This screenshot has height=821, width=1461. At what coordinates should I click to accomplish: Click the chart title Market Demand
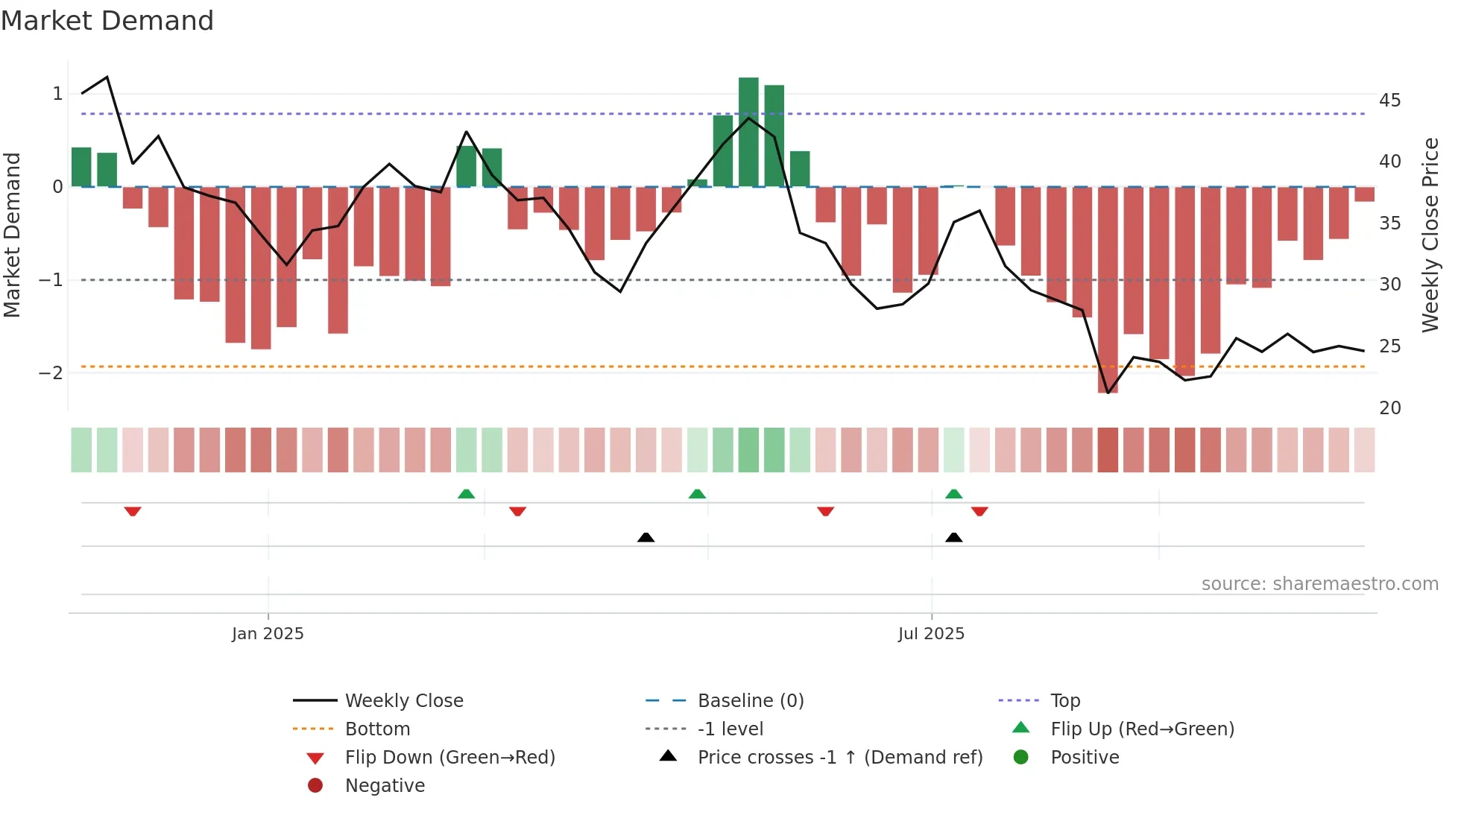(107, 21)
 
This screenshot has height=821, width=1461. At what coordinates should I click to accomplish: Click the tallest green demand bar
(748, 131)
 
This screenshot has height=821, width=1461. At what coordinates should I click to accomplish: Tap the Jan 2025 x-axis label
(268, 634)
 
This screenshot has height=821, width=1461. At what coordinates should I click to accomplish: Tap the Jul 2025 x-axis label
(931, 634)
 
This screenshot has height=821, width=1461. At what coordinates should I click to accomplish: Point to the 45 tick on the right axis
(1389, 101)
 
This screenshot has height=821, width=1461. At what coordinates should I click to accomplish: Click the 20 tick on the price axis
(1389, 408)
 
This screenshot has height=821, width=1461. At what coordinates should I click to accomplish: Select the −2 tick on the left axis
(51, 373)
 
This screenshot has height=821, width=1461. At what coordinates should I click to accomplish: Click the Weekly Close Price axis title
(1430, 235)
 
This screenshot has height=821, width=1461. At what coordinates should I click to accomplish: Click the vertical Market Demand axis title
(12, 235)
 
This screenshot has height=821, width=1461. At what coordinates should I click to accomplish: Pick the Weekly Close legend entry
(403, 701)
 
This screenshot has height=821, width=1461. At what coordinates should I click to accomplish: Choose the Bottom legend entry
(377, 729)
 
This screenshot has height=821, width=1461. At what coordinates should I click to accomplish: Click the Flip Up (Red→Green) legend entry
(1142, 729)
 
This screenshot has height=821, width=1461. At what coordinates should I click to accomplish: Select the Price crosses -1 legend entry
(839, 758)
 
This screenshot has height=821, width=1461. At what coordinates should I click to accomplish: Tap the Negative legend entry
(385, 786)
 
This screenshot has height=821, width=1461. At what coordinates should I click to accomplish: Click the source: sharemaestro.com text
(1319, 584)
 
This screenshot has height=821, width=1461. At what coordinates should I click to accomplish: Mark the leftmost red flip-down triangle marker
(133, 511)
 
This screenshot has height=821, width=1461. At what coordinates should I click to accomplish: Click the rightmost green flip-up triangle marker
(953, 494)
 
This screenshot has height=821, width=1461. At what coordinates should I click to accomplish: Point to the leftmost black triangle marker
(646, 537)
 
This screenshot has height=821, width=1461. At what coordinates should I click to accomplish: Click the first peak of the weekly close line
(107, 77)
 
